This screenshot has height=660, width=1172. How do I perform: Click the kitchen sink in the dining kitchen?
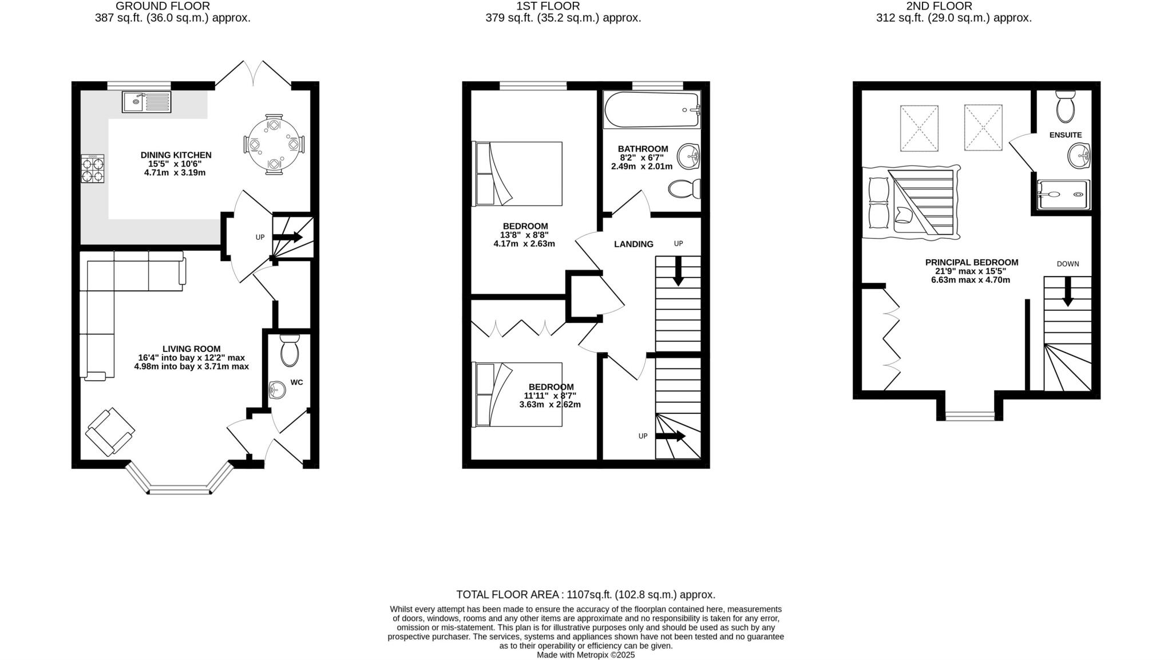(x=146, y=102)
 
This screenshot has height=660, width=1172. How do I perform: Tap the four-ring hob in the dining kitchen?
(x=93, y=169)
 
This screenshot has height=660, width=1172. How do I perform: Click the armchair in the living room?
(x=110, y=432)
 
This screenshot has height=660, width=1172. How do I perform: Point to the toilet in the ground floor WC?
(x=290, y=350)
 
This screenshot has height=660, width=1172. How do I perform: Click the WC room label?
(x=296, y=382)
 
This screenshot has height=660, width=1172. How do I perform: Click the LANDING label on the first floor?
(x=633, y=244)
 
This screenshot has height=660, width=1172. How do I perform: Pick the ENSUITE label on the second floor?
(x=1065, y=135)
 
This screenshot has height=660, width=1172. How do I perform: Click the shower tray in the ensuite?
(x=1063, y=195)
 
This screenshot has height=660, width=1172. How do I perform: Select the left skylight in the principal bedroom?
(x=919, y=128)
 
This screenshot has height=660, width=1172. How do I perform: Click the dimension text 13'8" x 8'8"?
(x=524, y=235)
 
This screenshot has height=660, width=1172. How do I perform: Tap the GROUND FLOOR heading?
(x=163, y=6)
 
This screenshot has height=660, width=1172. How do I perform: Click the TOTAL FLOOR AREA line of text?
(x=585, y=595)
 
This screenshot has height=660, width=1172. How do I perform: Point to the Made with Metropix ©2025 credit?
(x=585, y=655)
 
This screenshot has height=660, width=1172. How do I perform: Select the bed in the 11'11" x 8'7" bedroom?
(x=517, y=394)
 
